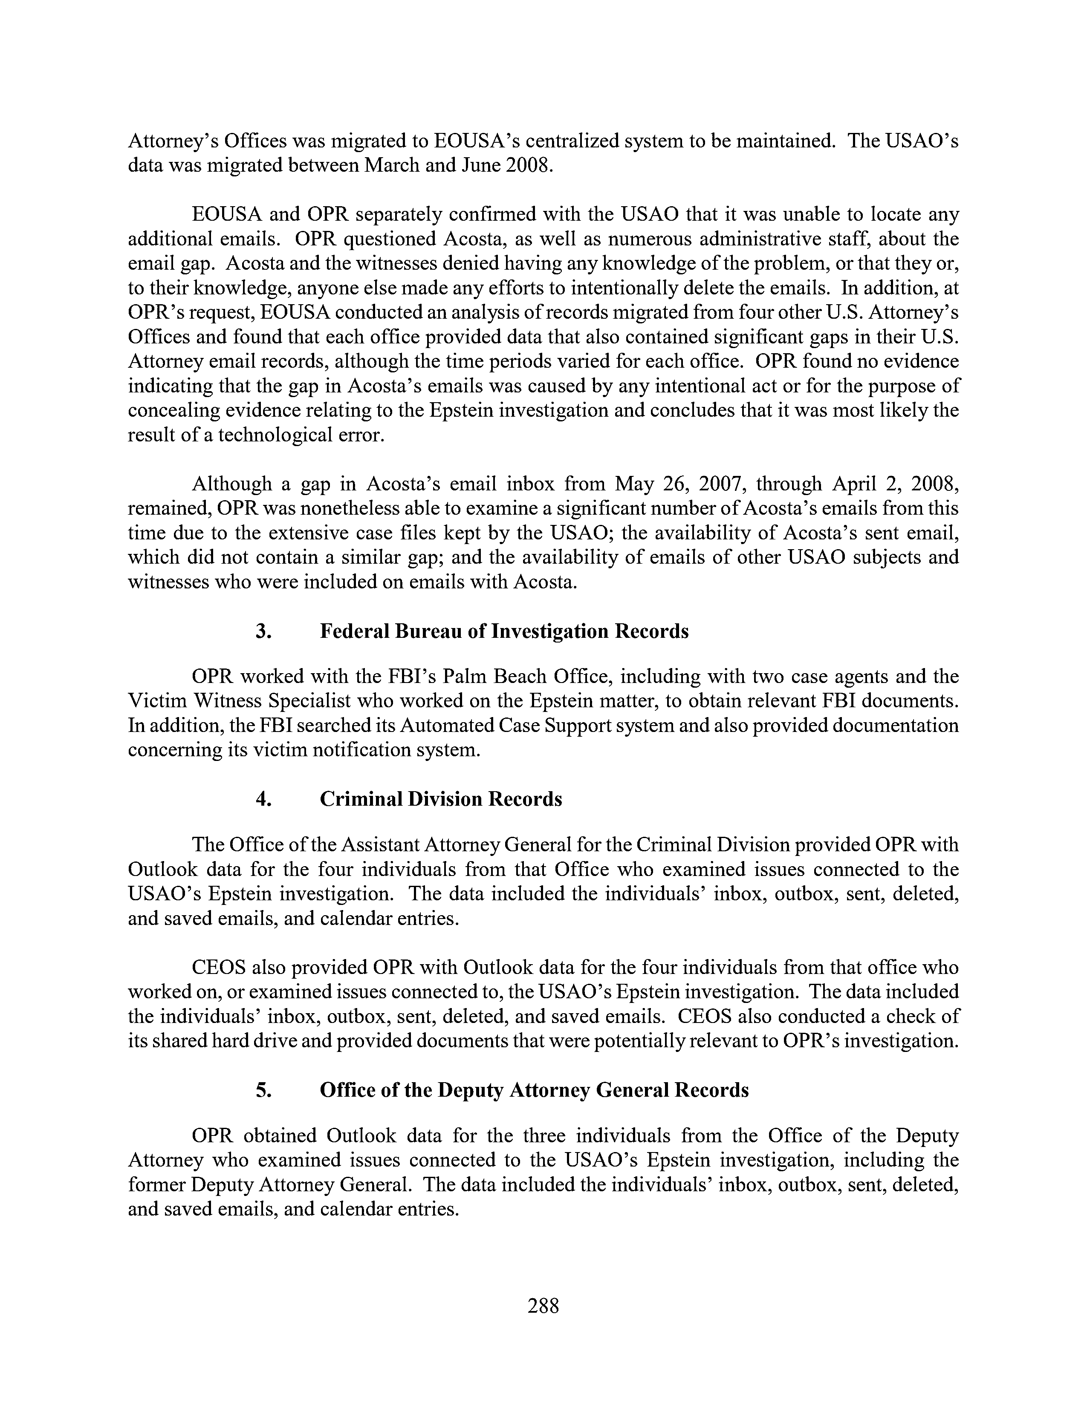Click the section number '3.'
pyautogui.click(x=263, y=631)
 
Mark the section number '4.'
pyautogui.click(x=263, y=799)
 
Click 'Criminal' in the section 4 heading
pyautogui.click(x=359, y=799)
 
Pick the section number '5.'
pyautogui.click(x=263, y=1090)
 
